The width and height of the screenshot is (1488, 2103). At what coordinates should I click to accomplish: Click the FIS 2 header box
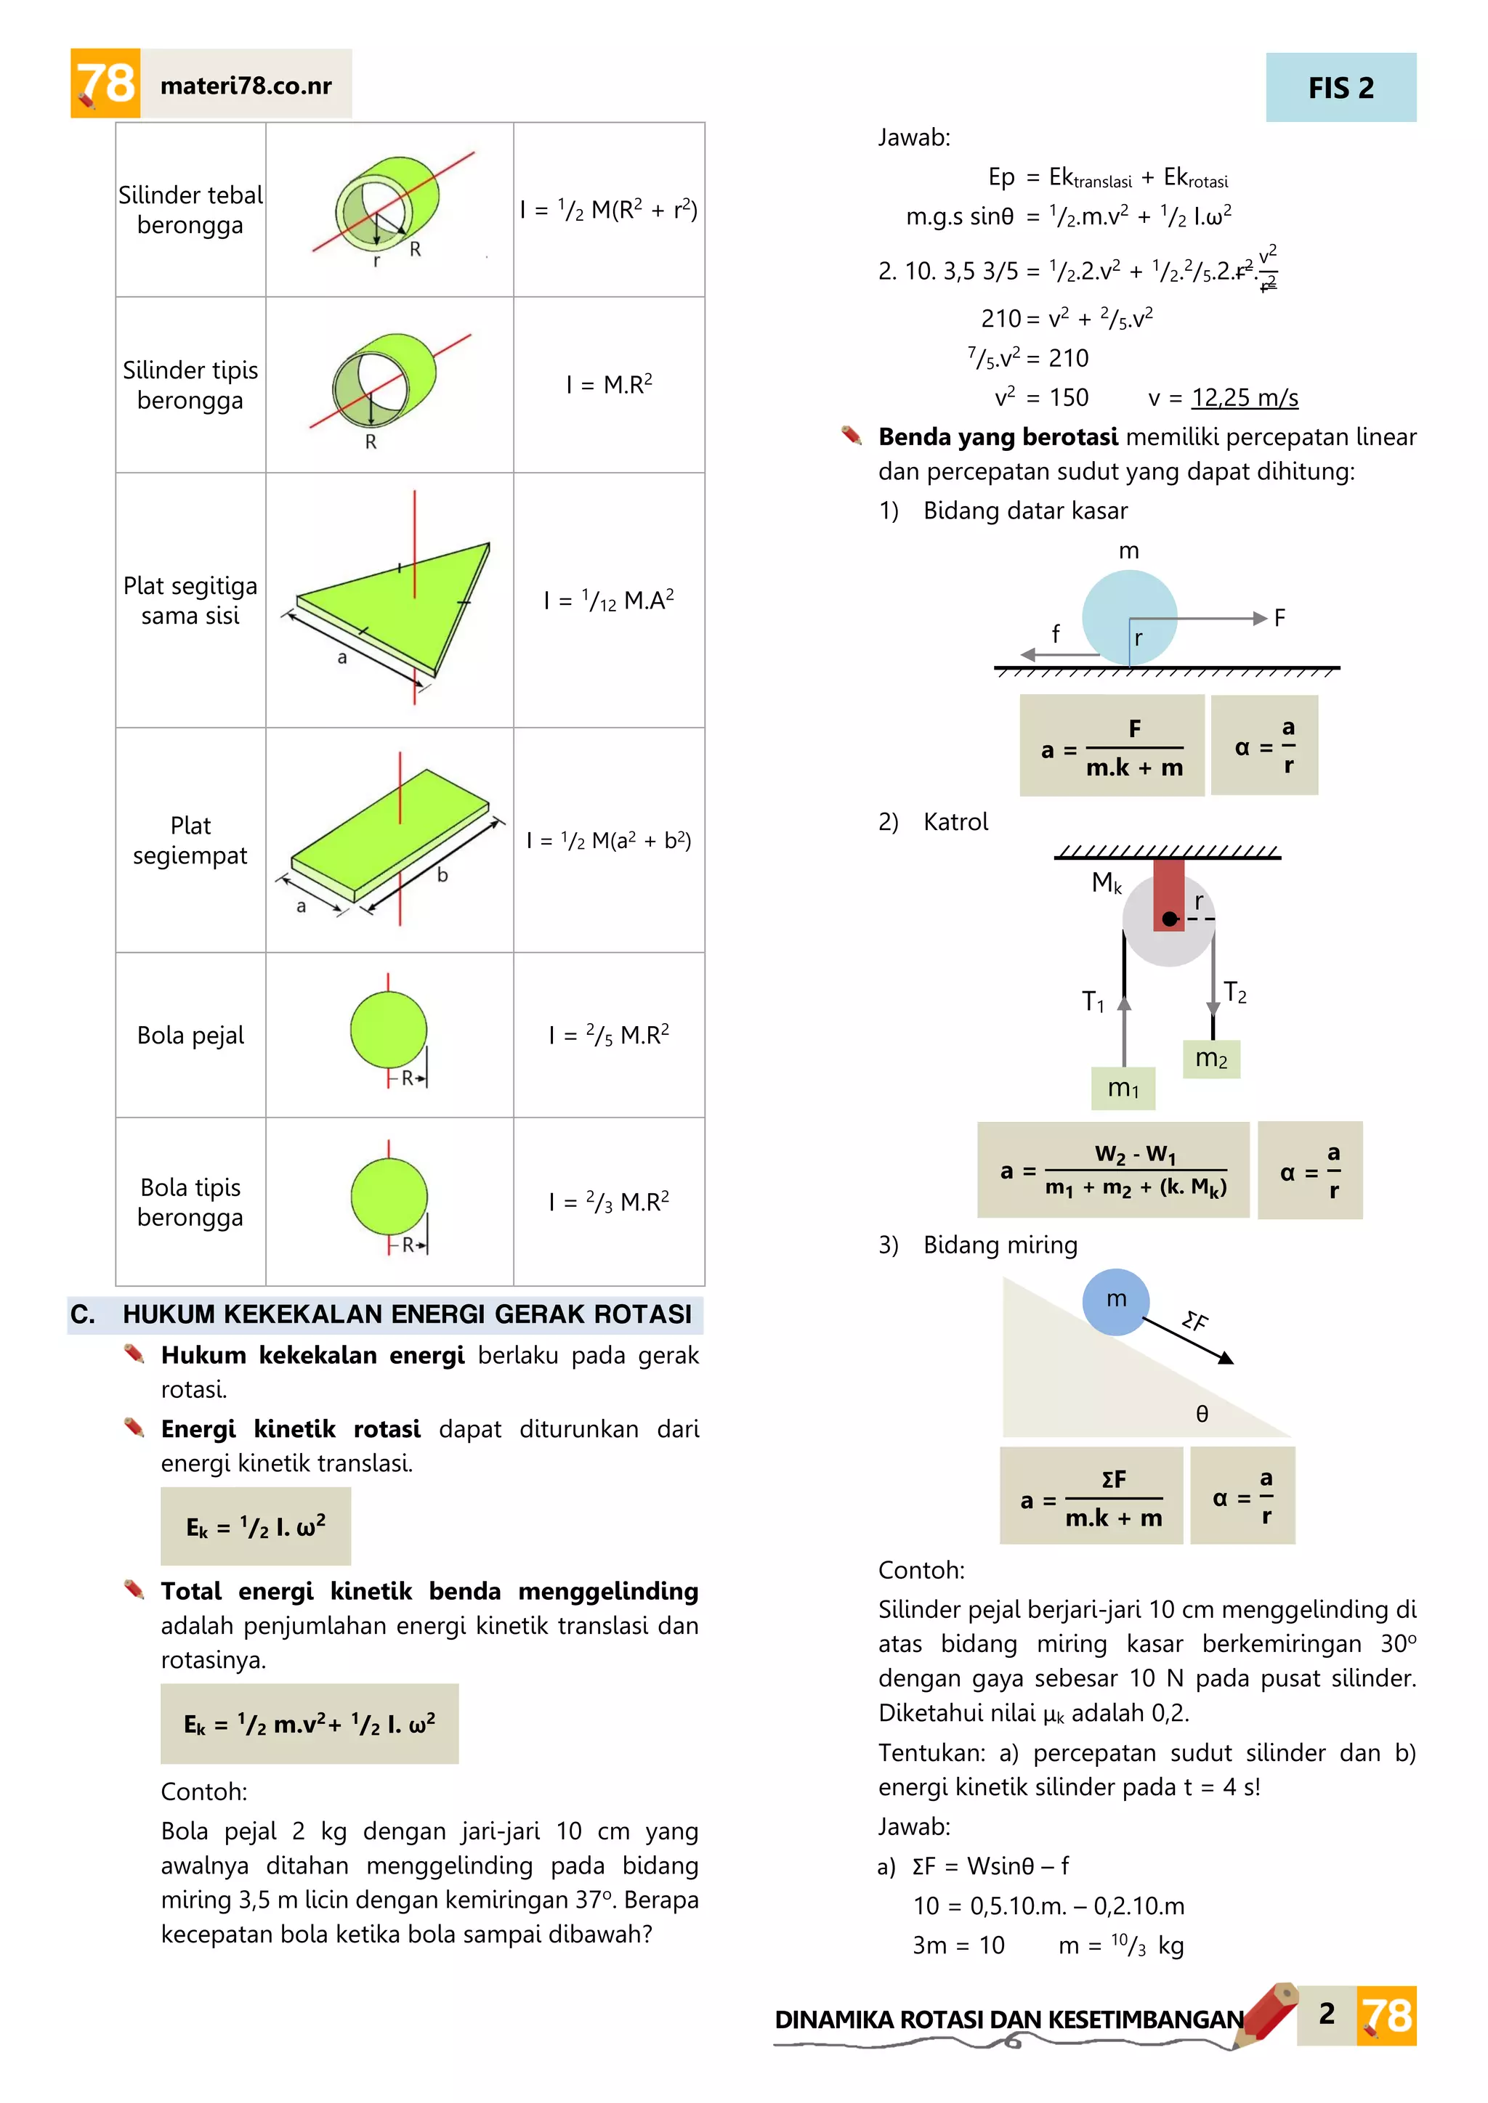tap(1341, 88)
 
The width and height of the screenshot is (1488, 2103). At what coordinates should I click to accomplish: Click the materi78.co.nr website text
tap(246, 85)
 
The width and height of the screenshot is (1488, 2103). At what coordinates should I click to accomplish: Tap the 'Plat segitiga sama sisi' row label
tap(190, 600)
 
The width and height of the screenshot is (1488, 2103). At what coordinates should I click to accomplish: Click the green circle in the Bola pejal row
tap(389, 1030)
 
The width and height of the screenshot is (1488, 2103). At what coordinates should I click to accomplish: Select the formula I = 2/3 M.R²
tap(608, 1201)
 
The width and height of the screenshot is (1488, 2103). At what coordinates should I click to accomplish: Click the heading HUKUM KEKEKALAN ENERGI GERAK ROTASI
tap(407, 1314)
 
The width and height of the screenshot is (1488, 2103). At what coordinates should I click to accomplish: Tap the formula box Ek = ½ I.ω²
tap(256, 1526)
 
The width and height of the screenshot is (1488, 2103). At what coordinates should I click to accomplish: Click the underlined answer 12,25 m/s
tap(1245, 397)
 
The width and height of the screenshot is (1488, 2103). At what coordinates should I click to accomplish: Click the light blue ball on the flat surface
tap(1129, 617)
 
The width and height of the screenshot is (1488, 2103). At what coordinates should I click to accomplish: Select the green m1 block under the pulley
tap(1123, 1088)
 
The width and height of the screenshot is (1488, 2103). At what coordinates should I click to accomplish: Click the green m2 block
tap(1211, 1059)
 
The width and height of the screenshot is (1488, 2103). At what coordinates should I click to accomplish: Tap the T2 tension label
tap(1235, 992)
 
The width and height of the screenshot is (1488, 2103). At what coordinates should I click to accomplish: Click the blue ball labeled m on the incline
tap(1115, 1301)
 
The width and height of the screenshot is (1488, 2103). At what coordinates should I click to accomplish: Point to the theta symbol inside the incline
tap(1202, 1414)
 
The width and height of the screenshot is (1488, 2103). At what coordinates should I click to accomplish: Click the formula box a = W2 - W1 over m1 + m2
tap(1112, 1170)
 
